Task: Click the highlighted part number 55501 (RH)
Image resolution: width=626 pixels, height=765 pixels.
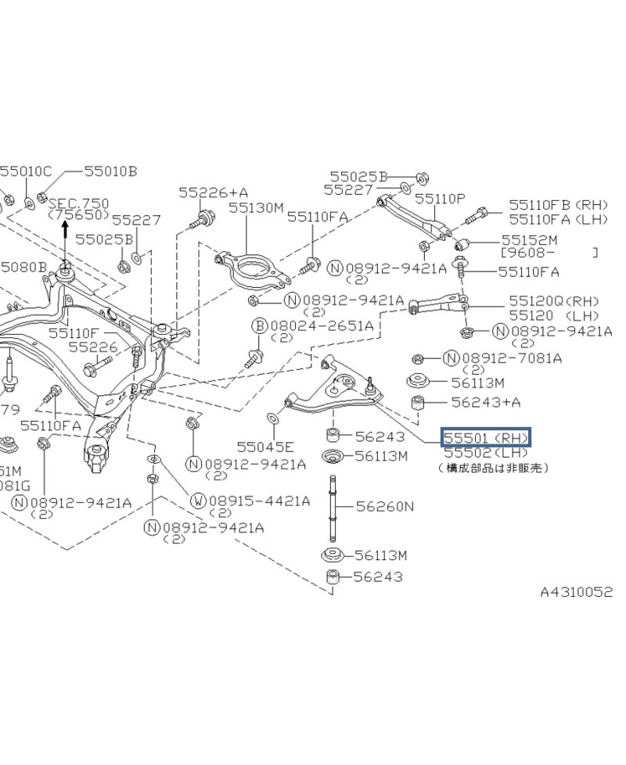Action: pos(486,436)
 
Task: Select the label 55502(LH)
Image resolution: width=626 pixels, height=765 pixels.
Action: pos(485,452)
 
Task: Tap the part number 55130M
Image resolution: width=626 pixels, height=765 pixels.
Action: pos(256,208)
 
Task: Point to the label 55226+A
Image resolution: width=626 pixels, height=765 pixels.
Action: pos(213,192)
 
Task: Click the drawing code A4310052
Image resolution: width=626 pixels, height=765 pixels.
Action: pos(577,592)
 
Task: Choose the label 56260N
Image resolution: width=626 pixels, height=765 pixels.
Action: pos(384,506)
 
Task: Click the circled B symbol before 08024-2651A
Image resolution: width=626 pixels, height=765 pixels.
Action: pos(258,325)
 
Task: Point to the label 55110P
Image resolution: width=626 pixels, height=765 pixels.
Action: pos(440,199)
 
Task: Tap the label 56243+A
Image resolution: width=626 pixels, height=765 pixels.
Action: pos(486,402)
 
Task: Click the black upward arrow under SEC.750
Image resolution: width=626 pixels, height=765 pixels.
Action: pos(66,229)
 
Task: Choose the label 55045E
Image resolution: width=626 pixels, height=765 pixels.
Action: pos(265,447)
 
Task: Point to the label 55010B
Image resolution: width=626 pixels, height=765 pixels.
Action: pos(111,171)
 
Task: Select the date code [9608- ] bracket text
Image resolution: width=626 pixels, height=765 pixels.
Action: pos(549,253)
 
